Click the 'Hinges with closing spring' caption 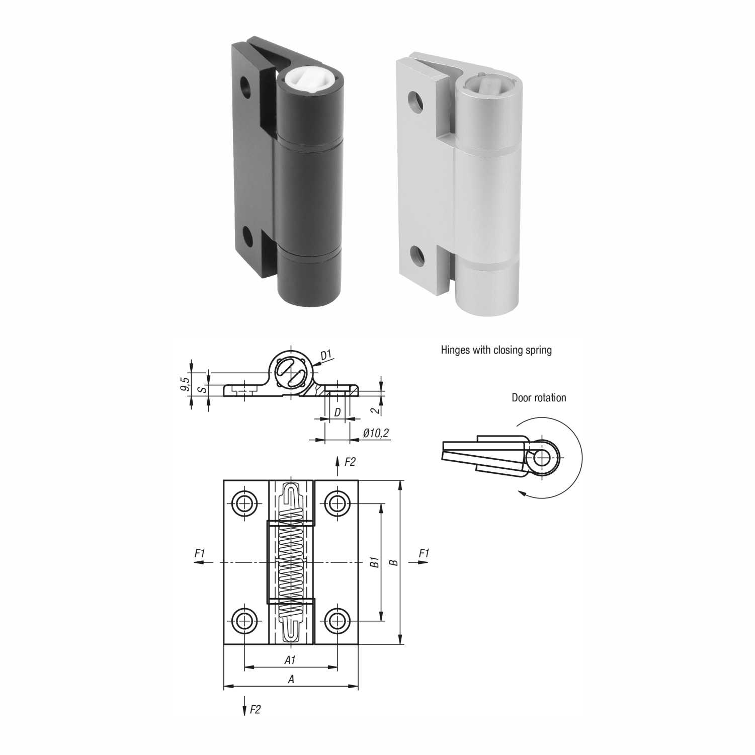[x=496, y=350]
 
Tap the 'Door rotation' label [x=539, y=397]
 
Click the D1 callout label [x=326, y=356]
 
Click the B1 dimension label [x=374, y=562]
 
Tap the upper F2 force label [x=350, y=461]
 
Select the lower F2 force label [x=255, y=709]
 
